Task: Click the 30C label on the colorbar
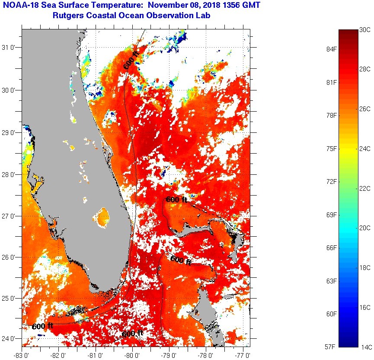pos(365,29)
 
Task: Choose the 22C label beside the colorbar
pos(365,188)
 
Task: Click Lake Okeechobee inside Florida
pos(103,215)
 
